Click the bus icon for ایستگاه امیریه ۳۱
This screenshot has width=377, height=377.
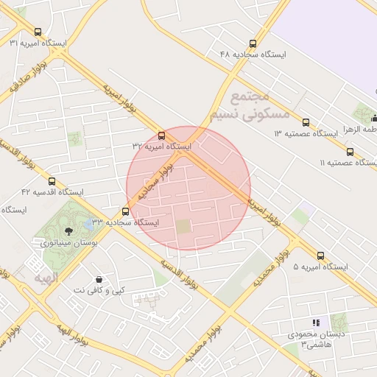(x=38, y=32)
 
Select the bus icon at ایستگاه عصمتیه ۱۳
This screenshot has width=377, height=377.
(x=306, y=123)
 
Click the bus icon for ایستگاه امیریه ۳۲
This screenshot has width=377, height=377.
(x=162, y=135)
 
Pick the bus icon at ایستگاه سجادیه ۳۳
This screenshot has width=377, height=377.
(x=125, y=211)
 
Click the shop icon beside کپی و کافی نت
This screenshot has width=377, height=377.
(x=99, y=280)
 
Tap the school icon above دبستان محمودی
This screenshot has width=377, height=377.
(x=317, y=323)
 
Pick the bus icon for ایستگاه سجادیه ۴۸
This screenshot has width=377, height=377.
(x=253, y=43)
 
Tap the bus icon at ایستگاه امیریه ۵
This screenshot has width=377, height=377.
(x=320, y=256)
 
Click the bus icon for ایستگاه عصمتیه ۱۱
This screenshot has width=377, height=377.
(x=350, y=152)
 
